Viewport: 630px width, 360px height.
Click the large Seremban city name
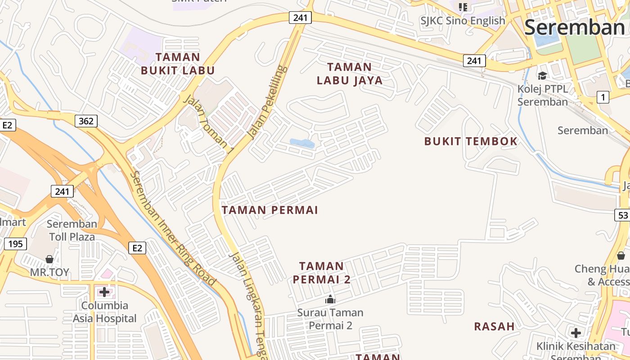point(574,27)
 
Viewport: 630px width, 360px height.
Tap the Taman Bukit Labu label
point(178,63)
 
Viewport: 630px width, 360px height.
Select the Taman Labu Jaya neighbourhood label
point(350,74)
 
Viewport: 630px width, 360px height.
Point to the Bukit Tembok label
point(471,141)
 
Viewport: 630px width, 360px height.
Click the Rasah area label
point(494,326)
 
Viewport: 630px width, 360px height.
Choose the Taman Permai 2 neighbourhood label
point(321,273)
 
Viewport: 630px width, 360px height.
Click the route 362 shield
point(85,121)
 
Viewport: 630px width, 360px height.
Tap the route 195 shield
point(15,244)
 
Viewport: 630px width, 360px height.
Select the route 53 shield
point(622,215)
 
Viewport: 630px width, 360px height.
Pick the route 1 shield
point(603,97)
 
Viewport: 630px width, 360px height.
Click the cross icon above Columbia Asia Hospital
point(104,292)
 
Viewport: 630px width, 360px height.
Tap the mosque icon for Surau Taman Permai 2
point(330,299)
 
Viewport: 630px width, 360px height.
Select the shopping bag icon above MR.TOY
point(49,259)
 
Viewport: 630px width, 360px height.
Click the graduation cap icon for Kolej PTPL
point(542,76)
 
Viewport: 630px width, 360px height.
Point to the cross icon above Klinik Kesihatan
point(576,333)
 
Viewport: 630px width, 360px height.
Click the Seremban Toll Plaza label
point(72,230)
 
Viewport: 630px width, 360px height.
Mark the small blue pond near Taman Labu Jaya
point(302,144)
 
